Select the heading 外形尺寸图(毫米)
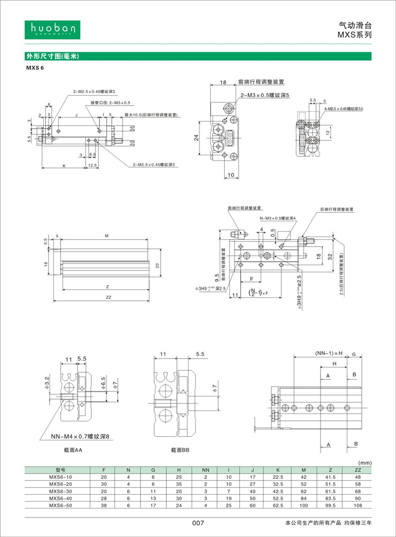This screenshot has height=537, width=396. point(52,56)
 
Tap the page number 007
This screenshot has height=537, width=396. point(197,523)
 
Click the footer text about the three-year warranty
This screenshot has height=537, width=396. point(328,523)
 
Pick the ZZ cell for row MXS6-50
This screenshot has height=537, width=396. point(357,505)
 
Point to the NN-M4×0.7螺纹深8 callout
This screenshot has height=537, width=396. point(79,436)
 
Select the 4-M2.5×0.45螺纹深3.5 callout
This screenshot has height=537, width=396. point(344,108)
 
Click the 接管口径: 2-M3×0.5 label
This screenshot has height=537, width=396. point(110,102)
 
